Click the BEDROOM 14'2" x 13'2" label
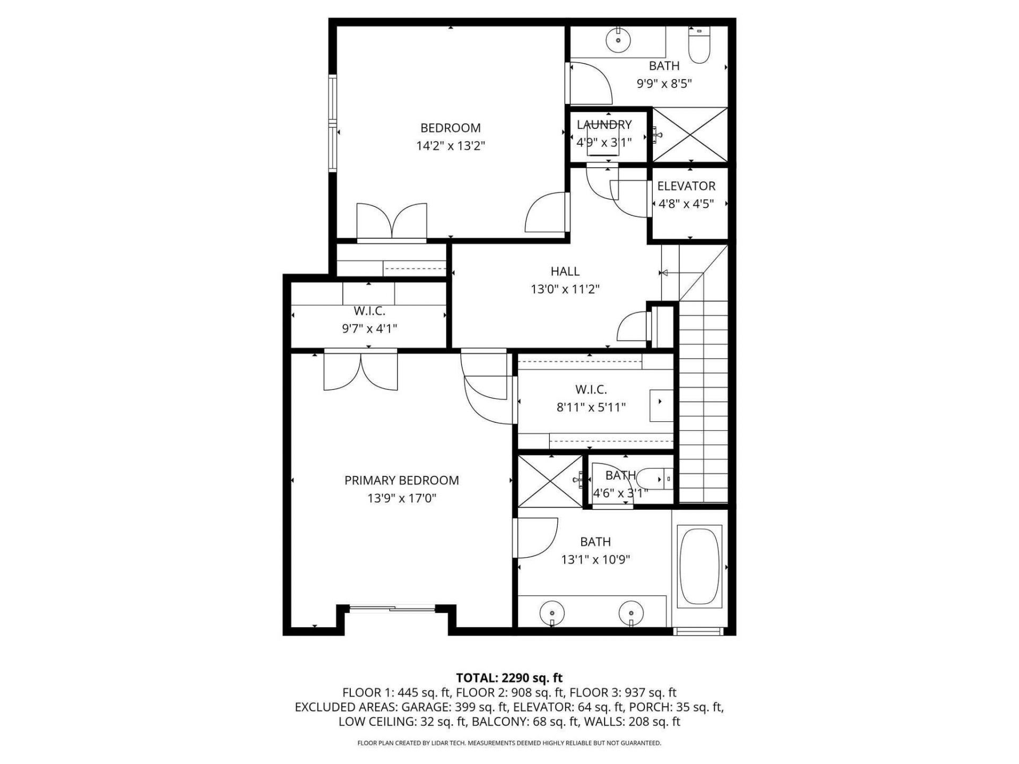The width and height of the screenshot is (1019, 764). (451, 136)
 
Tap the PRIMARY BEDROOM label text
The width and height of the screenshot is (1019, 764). (402, 481)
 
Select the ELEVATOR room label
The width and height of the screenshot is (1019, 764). (686, 186)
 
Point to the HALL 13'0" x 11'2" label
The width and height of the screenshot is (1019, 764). (565, 280)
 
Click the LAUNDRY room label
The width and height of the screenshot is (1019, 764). (604, 125)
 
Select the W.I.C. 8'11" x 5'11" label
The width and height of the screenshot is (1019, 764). (591, 398)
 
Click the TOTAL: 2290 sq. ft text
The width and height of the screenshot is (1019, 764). (509, 678)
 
